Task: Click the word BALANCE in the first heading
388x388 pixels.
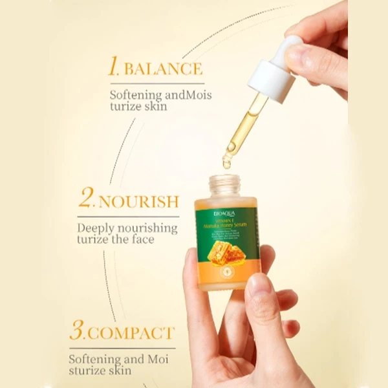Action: point(163,69)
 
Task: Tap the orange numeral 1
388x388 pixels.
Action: point(114,67)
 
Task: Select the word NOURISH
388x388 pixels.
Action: point(138,201)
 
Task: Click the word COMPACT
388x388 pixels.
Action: point(131,334)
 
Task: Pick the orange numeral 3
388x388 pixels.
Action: point(78,332)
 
